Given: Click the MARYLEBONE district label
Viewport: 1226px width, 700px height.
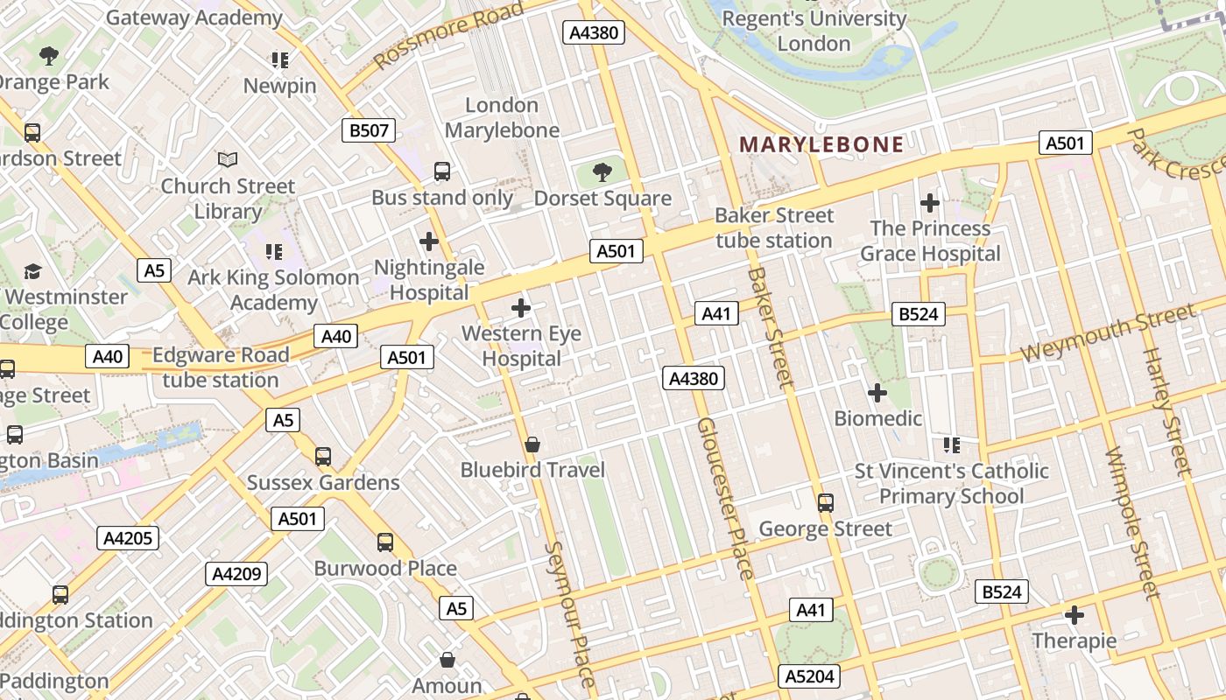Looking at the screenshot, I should pyautogui.click(x=821, y=144).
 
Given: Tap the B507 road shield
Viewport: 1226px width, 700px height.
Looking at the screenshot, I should pyautogui.click(x=368, y=131).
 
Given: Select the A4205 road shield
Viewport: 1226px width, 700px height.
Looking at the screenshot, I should pyautogui.click(x=128, y=537).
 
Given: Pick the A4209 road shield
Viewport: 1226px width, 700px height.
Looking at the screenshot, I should pyautogui.click(x=236, y=574).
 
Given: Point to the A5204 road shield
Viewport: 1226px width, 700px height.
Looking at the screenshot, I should pyautogui.click(x=809, y=675).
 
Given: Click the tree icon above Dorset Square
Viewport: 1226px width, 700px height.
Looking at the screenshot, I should pyautogui.click(x=602, y=171).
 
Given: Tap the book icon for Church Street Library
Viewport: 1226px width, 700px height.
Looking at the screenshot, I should pyautogui.click(x=228, y=160).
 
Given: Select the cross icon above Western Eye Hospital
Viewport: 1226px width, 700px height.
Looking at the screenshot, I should pyautogui.click(x=521, y=308).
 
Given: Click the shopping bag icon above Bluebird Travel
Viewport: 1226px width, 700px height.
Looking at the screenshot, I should pyautogui.click(x=532, y=444).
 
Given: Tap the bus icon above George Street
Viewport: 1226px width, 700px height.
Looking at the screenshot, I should pyautogui.click(x=825, y=503).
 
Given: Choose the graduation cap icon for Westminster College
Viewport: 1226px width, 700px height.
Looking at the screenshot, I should pyautogui.click(x=32, y=271).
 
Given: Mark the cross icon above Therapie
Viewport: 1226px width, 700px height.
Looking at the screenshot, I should pyautogui.click(x=1074, y=614).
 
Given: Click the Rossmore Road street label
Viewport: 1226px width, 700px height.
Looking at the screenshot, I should pyautogui.click(x=448, y=36).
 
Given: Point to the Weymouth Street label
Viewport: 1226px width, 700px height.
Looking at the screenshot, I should pyautogui.click(x=1108, y=332).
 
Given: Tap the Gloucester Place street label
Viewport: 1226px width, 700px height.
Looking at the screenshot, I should pyautogui.click(x=725, y=499).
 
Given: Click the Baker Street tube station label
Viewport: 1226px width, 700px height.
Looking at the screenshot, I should pyautogui.click(x=774, y=227).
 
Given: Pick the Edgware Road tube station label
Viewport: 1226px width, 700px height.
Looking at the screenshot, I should pyautogui.click(x=221, y=367).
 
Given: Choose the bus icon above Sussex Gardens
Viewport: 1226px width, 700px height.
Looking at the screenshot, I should pyautogui.click(x=323, y=457).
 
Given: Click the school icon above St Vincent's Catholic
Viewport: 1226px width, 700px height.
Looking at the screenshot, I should pyautogui.click(x=952, y=445).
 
